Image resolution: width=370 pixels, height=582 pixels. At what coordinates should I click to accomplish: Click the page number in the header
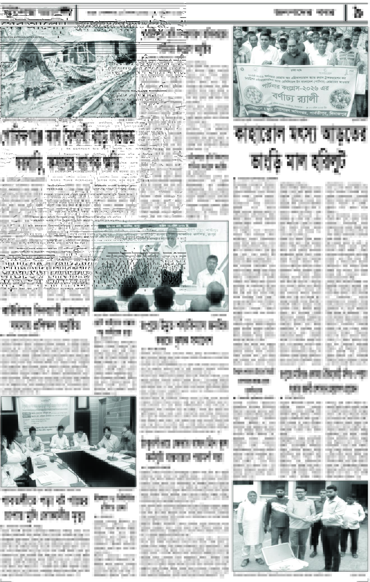[357, 13]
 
